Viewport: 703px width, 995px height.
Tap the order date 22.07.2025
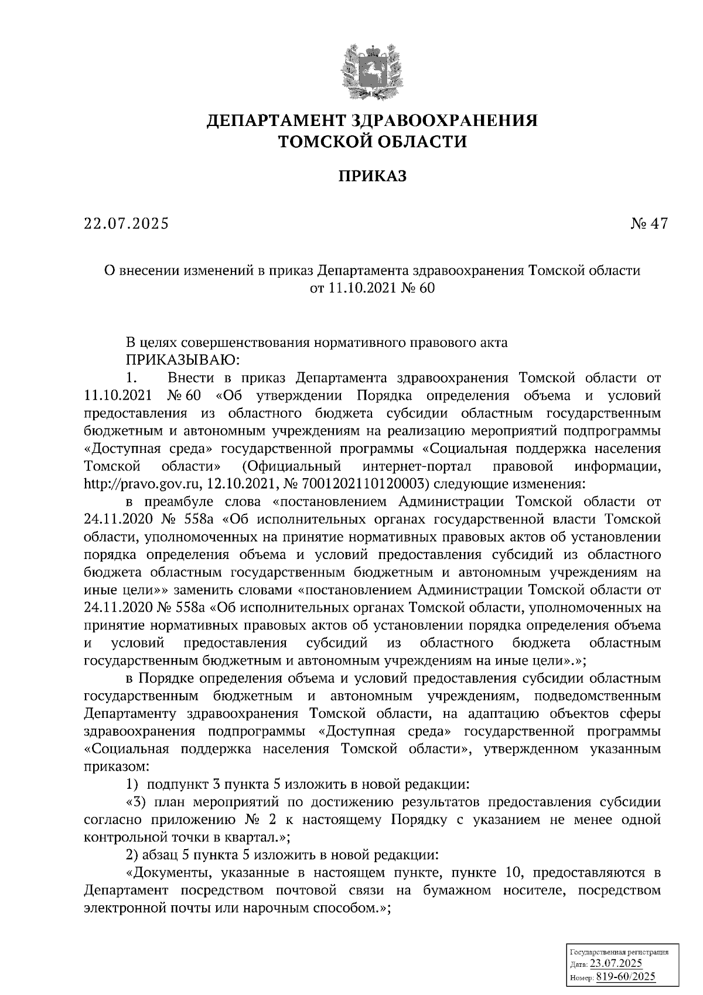click(x=125, y=224)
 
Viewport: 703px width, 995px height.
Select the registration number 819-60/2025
click(x=626, y=977)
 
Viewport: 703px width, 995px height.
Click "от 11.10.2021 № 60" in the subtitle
click(x=373, y=288)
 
